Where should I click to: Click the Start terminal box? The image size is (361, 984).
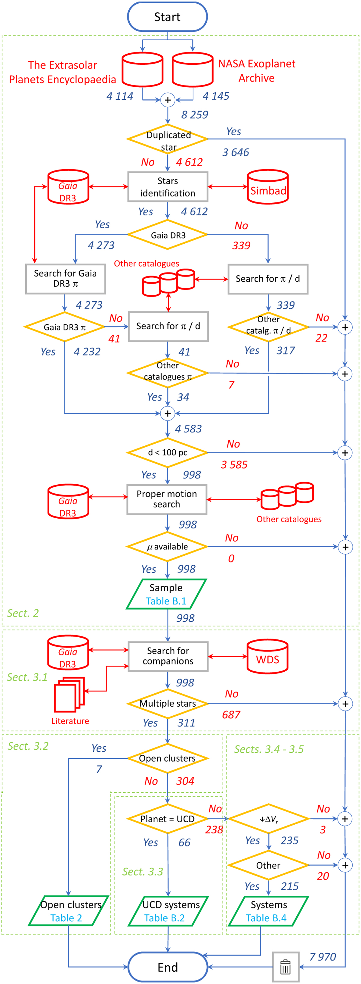167,17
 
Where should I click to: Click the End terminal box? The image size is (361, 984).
168,967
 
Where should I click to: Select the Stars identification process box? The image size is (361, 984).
168,187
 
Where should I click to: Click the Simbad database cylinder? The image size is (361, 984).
267,187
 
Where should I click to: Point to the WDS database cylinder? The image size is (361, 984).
267,657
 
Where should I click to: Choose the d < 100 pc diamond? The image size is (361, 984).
168,453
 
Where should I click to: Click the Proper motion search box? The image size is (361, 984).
167,499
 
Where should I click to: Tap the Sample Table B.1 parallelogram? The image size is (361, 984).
166,594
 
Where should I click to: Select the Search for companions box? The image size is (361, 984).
168,656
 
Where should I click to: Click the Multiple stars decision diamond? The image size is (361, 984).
168,704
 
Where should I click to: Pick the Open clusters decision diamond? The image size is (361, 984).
168,758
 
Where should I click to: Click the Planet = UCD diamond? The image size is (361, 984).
168,819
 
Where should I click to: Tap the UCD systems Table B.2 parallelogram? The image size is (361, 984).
168,911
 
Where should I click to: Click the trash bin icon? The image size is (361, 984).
285,967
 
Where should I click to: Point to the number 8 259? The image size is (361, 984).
195,114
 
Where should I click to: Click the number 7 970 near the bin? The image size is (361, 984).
322,957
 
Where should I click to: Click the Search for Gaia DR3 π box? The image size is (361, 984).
65,279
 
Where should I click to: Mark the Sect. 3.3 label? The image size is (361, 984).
142,872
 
